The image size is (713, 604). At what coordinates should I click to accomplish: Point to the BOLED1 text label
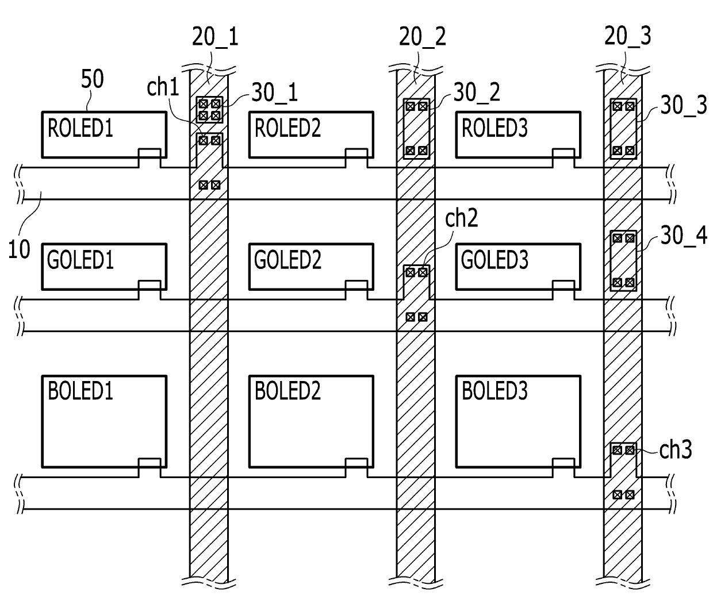point(80,391)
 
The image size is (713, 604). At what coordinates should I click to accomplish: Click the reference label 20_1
point(215,37)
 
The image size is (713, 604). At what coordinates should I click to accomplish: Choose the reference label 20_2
point(422,37)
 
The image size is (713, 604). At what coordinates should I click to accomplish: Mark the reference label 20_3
point(627,36)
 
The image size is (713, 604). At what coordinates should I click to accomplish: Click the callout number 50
point(92,79)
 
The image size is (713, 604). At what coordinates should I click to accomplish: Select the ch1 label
point(163,87)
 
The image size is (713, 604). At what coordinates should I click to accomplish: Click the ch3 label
point(676,450)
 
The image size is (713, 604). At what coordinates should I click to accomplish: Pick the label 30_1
point(275,93)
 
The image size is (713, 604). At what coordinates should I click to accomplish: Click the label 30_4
point(684,236)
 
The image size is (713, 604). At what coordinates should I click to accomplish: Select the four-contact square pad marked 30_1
point(209,110)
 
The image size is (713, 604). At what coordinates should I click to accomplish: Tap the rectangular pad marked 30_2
point(416,129)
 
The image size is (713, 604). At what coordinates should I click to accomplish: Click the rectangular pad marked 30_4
point(623,261)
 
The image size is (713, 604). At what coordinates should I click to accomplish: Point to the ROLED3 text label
point(494,128)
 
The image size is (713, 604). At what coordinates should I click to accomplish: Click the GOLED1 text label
point(80,260)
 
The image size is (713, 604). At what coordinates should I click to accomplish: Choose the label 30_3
point(684,105)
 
